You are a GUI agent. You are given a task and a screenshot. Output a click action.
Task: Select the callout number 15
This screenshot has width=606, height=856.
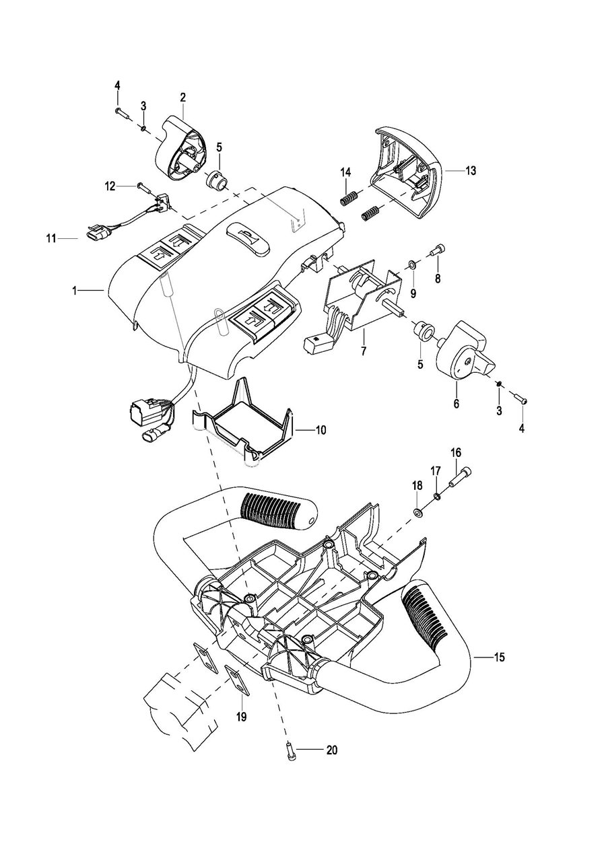(x=500, y=657)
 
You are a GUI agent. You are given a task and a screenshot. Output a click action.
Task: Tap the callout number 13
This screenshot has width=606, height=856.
(x=471, y=171)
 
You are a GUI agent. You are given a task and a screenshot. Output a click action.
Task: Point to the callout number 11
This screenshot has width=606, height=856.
(x=51, y=239)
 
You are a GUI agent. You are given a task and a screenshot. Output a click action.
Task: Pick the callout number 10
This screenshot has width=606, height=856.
(x=321, y=430)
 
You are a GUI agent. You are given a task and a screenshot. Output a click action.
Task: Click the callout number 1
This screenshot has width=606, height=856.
(x=75, y=291)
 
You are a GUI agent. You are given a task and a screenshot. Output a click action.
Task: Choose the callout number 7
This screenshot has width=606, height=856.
(x=363, y=351)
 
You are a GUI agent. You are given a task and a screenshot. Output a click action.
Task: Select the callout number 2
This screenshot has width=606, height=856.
(x=182, y=98)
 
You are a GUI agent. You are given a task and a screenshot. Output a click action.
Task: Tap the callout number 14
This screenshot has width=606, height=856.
(x=345, y=172)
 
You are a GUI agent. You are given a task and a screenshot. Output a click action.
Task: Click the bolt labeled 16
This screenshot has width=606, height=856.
(x=460, y=477)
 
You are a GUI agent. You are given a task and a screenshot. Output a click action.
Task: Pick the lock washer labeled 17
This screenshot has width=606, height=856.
(x=437, y=497)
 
